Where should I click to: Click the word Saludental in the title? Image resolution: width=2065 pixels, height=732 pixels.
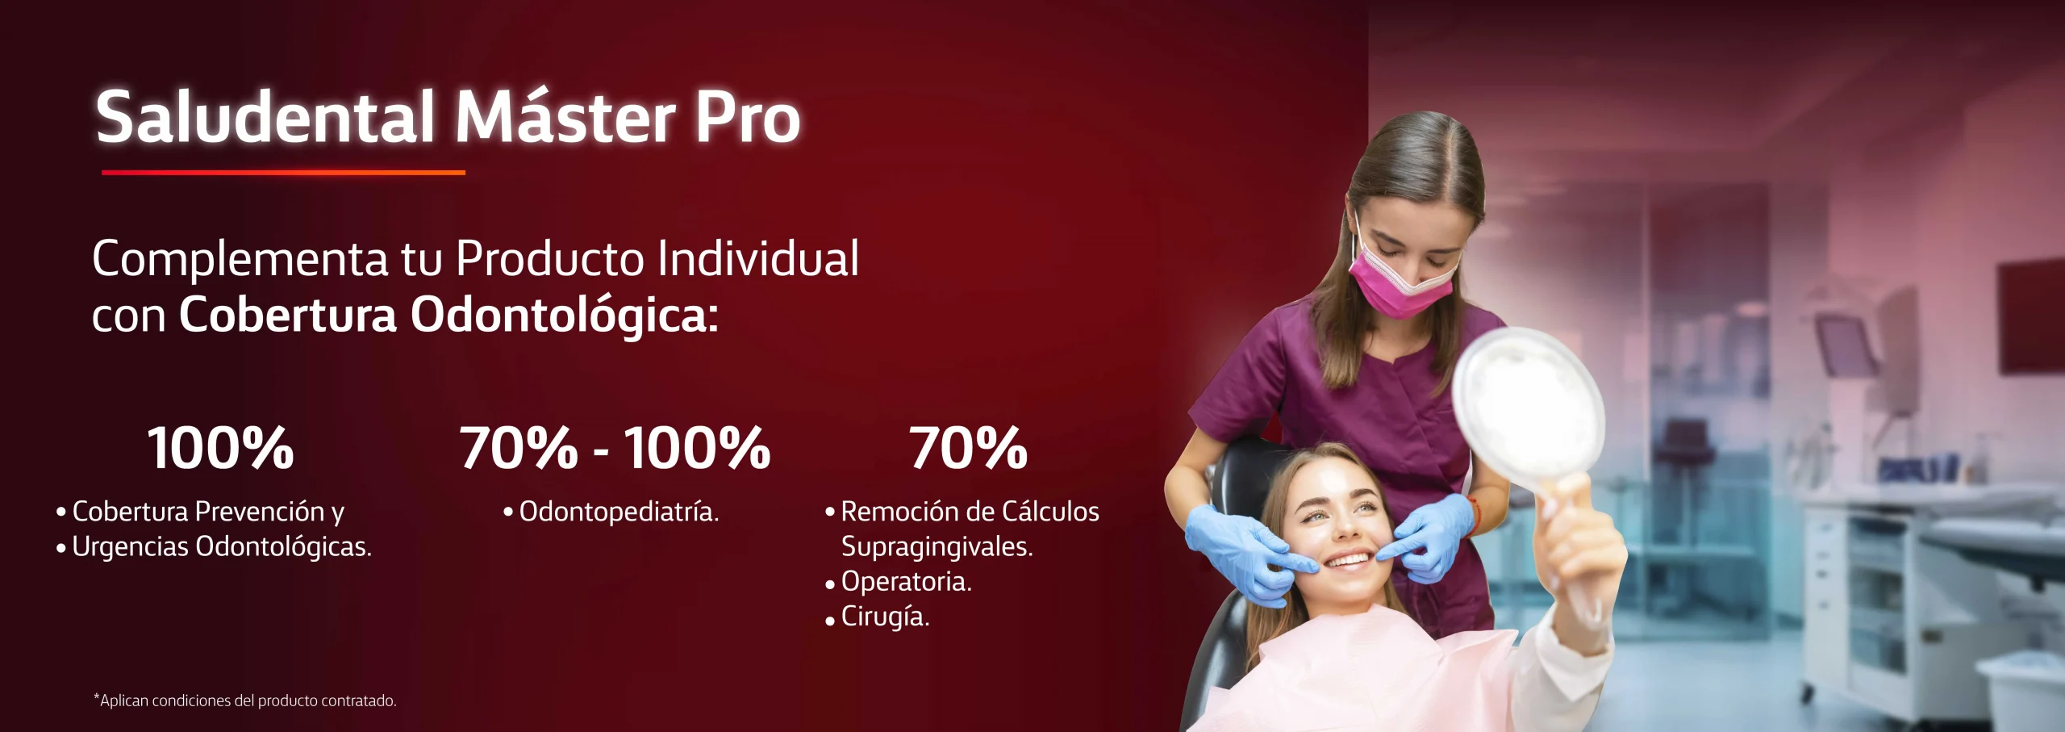click(x=265, y=117)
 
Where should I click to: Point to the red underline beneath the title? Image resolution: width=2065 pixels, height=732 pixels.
click(x=283, y=172)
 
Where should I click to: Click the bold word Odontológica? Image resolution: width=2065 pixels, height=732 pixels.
click(x=564, y=315)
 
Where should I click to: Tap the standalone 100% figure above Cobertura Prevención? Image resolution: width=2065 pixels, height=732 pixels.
click(x=220, y=448)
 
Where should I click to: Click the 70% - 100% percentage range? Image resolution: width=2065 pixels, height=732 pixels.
click(x=615, y=448)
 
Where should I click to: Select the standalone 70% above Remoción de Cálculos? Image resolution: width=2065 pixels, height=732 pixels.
click(x=968, y=448)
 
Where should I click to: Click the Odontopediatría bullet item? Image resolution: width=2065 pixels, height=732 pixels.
click(x=611, y=512)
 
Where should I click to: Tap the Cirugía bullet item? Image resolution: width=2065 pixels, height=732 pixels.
click(x=877, y=617)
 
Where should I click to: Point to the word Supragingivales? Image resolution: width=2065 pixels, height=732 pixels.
click(x=937, y=548)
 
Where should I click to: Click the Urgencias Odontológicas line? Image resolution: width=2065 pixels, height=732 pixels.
click(x=214, y=547)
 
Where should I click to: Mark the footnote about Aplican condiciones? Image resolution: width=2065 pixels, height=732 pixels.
click(x=245, y=701)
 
